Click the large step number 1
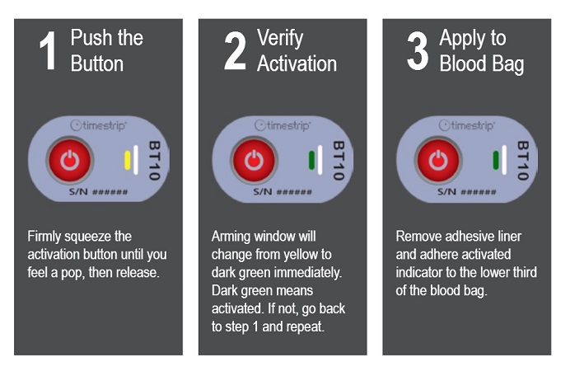pos(48,50)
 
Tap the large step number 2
pos(235,50)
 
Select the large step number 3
pos(418,51)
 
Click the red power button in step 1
pos(70,160)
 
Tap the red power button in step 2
pos(254,160)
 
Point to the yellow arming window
pos(127,161)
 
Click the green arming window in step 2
pos(311,161)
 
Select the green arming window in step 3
pos(496,161)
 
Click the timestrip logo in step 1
pos(99,125)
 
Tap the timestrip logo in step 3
pos(467,125)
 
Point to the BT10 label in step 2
pos(339,161)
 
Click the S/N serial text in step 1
pos(99,191)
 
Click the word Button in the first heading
pos(97,63)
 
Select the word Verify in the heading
pos(280,39)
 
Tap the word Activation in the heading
pos(297,63)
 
